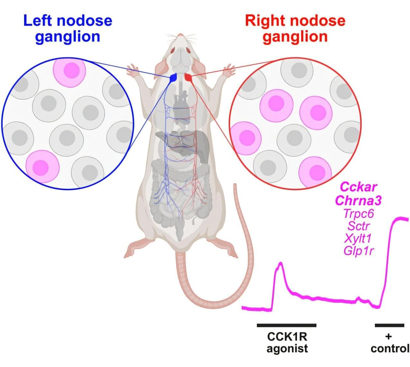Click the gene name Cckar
[x=359, y=186]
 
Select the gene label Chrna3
[x=359, y=201]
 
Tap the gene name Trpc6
[x=359, y=213]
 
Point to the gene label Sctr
[x=359, y=226]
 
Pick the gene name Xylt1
[x=358, y=238]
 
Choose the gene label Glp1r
[x=359, y=251]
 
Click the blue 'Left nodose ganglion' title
[x=68, y=29]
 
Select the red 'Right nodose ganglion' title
[x=295, y=29]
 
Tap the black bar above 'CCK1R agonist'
[x=286, y=325]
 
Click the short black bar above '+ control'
[x=389, y=325]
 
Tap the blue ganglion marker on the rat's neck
[x=174, y=78]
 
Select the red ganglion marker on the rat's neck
[x=188, y=77]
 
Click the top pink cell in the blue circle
[x=70, y=71]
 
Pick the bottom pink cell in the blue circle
[x=42, y=166]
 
